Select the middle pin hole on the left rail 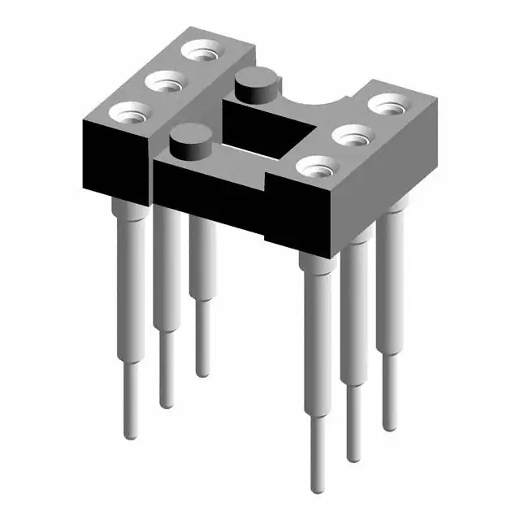click(166, 82)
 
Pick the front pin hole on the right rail click(317, 166)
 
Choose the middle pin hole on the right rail click(352, 135)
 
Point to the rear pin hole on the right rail click(390, 104)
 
